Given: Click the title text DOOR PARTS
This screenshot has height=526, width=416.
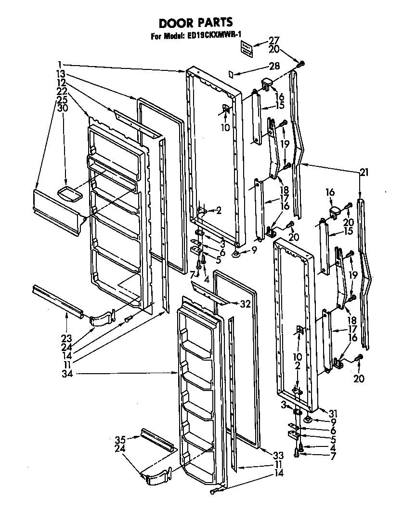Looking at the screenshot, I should pos(196,22).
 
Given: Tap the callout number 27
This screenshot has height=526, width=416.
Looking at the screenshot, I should pos(274,41).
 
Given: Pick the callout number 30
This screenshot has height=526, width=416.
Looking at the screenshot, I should pos(63,108).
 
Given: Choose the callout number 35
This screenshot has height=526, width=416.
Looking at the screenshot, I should pos(120,439).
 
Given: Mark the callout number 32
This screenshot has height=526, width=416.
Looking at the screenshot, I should pos(245,304).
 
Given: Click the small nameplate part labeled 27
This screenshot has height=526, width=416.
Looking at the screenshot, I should pos(247,48).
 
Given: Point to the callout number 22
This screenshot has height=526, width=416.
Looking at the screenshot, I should pos(61,90).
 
